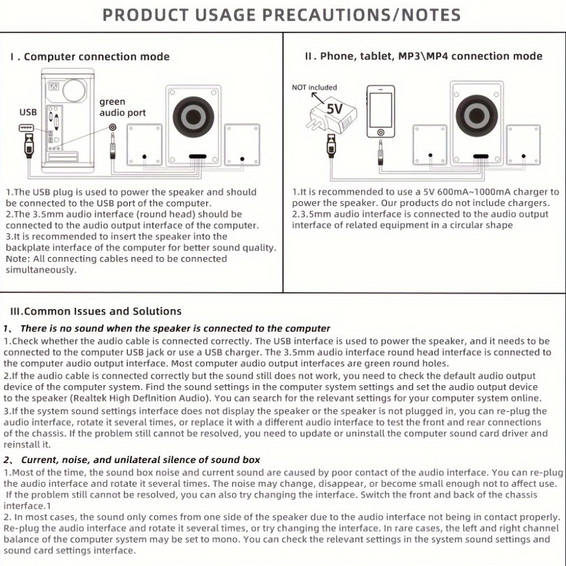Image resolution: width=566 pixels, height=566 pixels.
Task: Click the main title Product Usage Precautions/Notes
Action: point(281,15)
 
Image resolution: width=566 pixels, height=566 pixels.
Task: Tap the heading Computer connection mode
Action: point(91,57)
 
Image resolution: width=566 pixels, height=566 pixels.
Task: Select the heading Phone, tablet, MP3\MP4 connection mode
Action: point(423,56)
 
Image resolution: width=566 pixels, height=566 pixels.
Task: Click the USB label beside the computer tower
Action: point(28,112)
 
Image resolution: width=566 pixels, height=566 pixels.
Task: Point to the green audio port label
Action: point(122,108)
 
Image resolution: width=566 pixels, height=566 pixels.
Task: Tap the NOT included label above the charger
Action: point(314,87)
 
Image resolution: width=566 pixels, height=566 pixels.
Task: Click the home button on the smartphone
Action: point(380,132)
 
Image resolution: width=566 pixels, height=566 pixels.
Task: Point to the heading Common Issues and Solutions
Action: point(96,311)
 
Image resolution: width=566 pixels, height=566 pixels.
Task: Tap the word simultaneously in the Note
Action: point(41,269)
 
